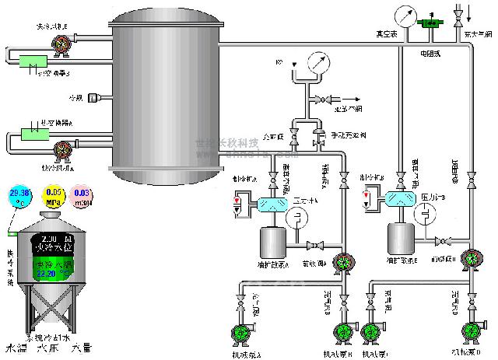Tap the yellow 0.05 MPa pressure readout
tap(53, 194)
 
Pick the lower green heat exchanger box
tap(35, 132)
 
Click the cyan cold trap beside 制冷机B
tap(403, 198)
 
